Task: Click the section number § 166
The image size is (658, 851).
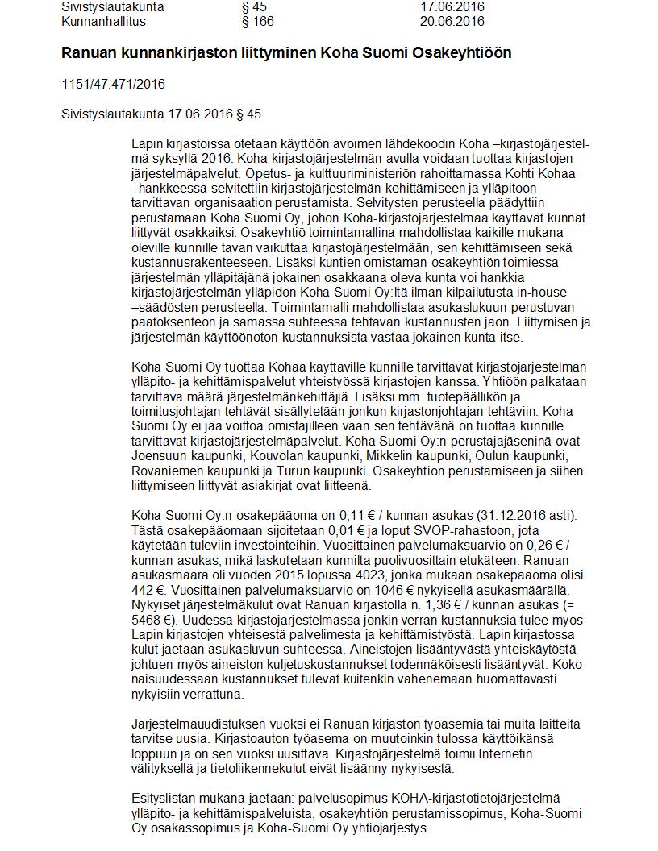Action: point(257,21)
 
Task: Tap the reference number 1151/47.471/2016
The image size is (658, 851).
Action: point(113,84)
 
